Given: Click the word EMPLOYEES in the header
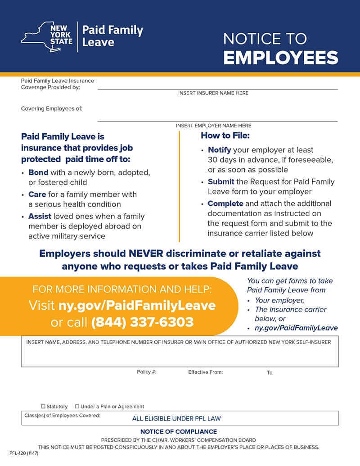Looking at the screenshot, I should pyautogui.click(x=280, y=58).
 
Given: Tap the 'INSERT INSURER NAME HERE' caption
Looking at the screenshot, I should pyautogui.click(x=213, y=93).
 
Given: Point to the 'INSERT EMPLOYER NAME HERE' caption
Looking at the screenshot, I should pyautogui.click(x=213, y=126).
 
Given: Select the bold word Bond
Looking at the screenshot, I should pyautogui.click(x=38, y=172).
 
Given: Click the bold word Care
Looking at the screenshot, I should pyautogui.click(x=37, y=195).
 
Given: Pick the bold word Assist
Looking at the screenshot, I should pyautogui.click(x=40, y=216).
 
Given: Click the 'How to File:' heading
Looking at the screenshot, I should pyautogui.click(x=225, y=135).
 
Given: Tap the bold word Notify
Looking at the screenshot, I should pyautogui.click(x=219, y=150).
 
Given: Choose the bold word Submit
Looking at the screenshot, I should pyautogui.click(x=220, y=182).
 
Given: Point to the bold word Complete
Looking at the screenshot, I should pyautogui.click(x=225, y=204).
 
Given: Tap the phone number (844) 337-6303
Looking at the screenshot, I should pyautogui.click(x=142, y=322).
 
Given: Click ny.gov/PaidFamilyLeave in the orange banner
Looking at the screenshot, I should pyautogui.click(x=137, y=305).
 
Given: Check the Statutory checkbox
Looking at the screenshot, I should pyautogui.click(x=43, y=407).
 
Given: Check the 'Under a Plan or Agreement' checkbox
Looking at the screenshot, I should pyautogui.click(x=77, y=407).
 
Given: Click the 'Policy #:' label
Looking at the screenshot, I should pyautogui.click(x=147, y=372).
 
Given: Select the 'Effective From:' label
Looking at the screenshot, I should pyautogui.click(x=205, y=372).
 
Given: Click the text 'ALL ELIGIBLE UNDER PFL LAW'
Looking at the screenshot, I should pyautogui.click(x=176, y=419).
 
